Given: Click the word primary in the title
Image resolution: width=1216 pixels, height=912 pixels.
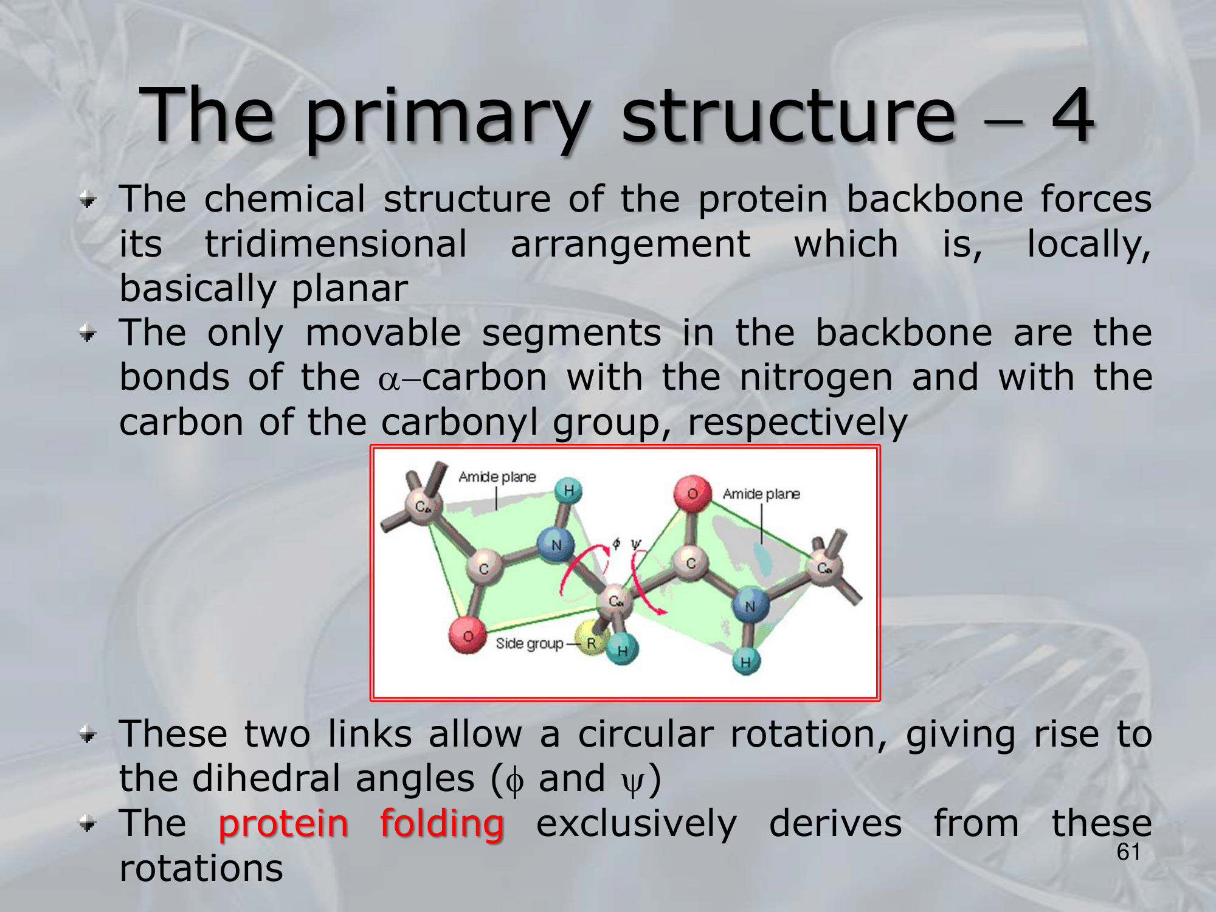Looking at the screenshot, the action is (x=448, y=119).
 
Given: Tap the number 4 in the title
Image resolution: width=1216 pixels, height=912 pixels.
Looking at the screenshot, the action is (x=1074, y=114).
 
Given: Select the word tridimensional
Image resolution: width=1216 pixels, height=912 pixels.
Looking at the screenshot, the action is (x=336, y=244).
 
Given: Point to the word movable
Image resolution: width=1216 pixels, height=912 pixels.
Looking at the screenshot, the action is (x=383, y=333).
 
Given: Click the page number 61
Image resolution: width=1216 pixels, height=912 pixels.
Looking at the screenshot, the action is (x=1128, y=852).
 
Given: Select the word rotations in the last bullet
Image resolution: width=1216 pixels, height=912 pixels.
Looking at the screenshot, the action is (x=201, y=868).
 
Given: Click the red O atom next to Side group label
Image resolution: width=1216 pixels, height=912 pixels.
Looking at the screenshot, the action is (x=467, y=635).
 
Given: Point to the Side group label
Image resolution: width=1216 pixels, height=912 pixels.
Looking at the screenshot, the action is (x=530, y=643).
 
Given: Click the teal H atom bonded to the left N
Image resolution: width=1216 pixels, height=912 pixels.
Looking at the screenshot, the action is (x=568, y=491).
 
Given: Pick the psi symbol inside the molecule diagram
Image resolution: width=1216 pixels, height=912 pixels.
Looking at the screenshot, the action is (x=636, y=544).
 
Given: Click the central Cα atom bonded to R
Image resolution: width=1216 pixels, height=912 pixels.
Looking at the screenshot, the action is (x=615, y=602).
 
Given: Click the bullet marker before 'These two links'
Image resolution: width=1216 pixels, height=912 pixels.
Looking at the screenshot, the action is (x=88, y=736).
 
